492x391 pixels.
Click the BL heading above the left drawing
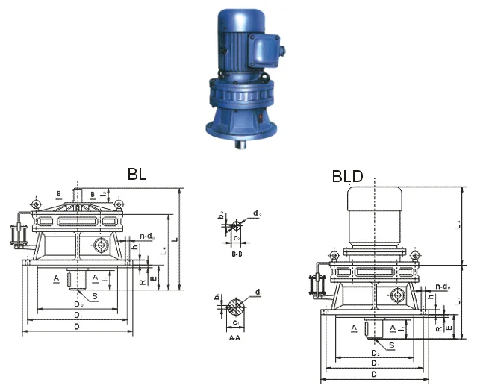click(x=137, y=174)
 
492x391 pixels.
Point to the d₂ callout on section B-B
click(x=256, y=213)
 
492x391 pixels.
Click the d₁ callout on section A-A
click(x=258, y=291)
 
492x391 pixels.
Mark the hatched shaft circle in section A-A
click(x=235, y=305)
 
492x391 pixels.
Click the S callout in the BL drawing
click(x=95, y=296)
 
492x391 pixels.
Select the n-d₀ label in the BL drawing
click(x=146, y=237)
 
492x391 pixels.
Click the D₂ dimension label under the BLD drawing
click(x=374, y=351)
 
